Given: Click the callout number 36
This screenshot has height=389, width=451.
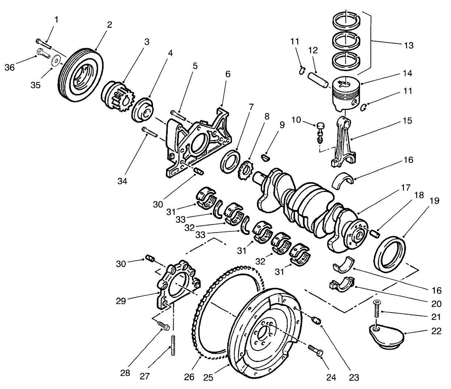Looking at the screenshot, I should [10, 67].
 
